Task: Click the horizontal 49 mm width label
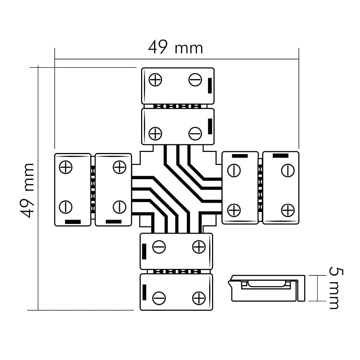coord(175,48)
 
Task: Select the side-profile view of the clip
coord(267,288)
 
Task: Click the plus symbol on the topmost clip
coord(156,80)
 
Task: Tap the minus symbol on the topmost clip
coord(195,80)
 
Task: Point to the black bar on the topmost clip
coord(210,85)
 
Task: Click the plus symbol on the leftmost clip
coord(66,167)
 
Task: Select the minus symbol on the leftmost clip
coord(66,207)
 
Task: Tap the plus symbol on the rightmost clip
coord(288,210)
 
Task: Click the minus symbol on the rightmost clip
coord(288,170)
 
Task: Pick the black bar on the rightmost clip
coord(280,156)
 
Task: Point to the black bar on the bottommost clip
coord(144,292)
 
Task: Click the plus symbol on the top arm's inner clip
coord(156,134)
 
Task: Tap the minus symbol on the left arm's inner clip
coord(119,207)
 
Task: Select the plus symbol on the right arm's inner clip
coord(234,210)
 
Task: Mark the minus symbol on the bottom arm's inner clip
coord(159,247)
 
